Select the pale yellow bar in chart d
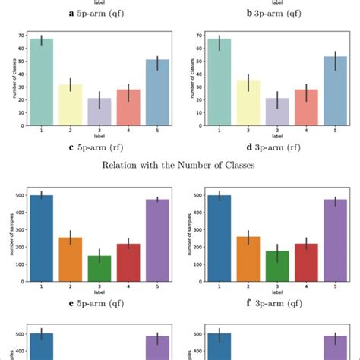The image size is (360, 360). click(247, 103)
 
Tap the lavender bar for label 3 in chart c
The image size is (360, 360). click(99, 112)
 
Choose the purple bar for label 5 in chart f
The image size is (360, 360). click(336, 239)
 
